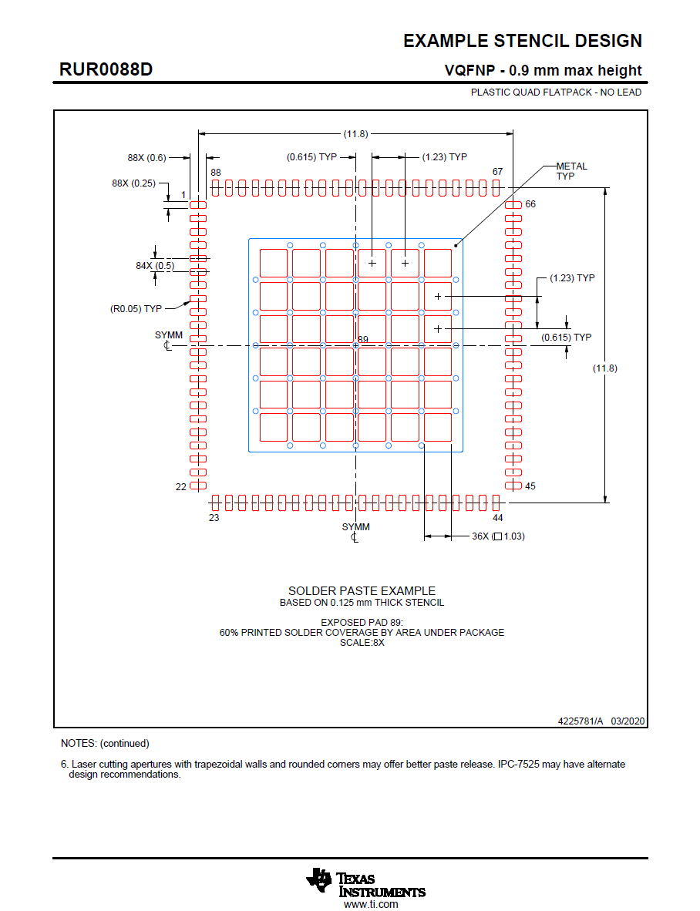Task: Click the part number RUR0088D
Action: [x=106, y=69]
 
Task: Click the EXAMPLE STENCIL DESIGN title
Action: [x=522, y=41]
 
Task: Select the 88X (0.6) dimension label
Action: [x=146, y=157]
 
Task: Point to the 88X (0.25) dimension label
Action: [x=133, y=183]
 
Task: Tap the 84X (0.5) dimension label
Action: [x=155, y=266]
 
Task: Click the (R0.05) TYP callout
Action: [x=136, y=308]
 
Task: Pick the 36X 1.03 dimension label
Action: [x=498, y=536]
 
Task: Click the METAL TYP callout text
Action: [x=571, y=171]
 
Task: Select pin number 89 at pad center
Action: [x=363, y=340]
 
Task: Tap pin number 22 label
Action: [x=180, y=486]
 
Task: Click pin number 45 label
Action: [x=530, y=486]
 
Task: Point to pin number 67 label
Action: [x=497, y=172]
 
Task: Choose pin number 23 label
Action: [x=214, y=518]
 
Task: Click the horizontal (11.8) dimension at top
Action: [x=355, y=134]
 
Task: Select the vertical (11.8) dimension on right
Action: [x=604, y=368]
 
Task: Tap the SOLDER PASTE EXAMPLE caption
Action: [x=362, y=591]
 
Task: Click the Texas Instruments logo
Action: [x=365, y=884]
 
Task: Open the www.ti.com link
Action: [x=371, y=904]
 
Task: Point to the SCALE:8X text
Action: [x=362, y=642]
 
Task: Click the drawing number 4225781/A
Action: [x=581, y=721]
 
